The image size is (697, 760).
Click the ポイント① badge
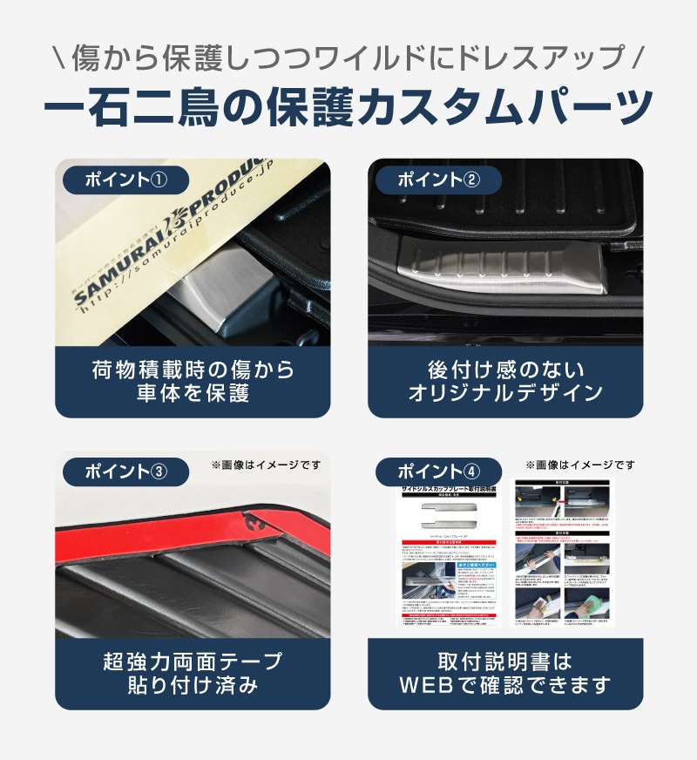[125, 180]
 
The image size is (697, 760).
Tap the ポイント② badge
[438, 180]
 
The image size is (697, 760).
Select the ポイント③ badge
[125, 472]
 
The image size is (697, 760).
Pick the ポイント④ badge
[438, 472]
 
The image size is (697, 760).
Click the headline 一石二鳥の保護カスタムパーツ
[348, 105]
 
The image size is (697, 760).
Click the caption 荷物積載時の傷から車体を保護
[193, 382]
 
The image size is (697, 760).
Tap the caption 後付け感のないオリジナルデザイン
[505, 382]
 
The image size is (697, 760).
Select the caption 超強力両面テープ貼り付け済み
[193, 673]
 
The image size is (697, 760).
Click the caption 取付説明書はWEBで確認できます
[505, 673]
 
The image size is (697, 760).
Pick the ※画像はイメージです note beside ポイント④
[579, 465]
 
